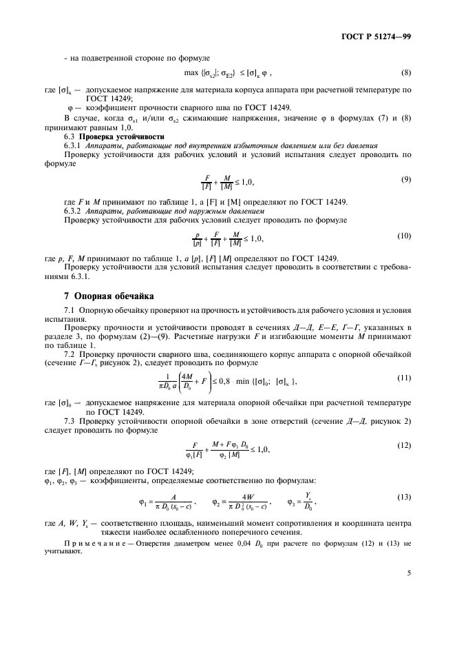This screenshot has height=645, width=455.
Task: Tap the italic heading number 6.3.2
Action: coord(73,210)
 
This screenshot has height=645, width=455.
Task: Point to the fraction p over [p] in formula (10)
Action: coord(197,238)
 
